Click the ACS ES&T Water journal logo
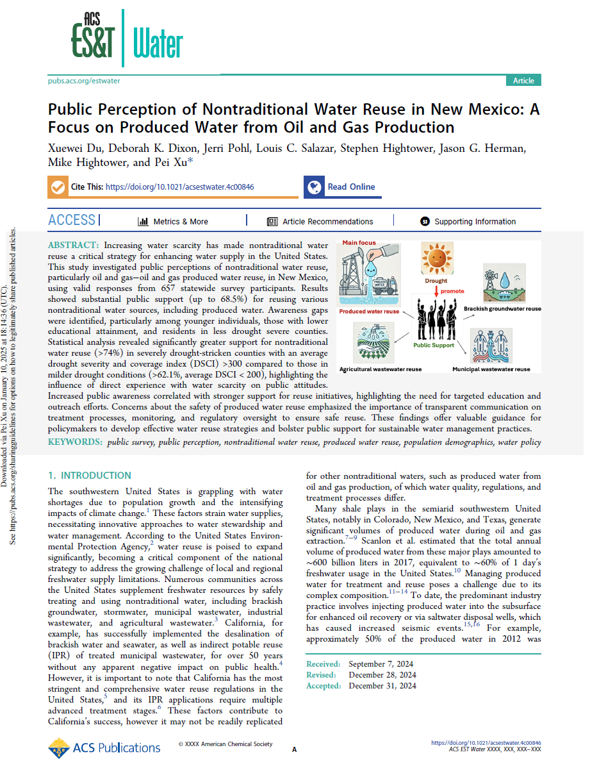(127, 38)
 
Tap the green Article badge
(523, 80)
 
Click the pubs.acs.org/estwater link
(84, 81)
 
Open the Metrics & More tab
(174, 222)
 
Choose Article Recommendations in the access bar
(320, 222)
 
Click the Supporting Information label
(475, 222)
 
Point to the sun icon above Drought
(436, 258)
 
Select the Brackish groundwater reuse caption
(503, 308)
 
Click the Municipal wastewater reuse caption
(491, 369)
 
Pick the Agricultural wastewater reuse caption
(381, 369)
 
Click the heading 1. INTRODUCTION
(90, 476)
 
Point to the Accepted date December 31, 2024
(382, 686)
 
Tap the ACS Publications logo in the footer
(104, 747)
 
